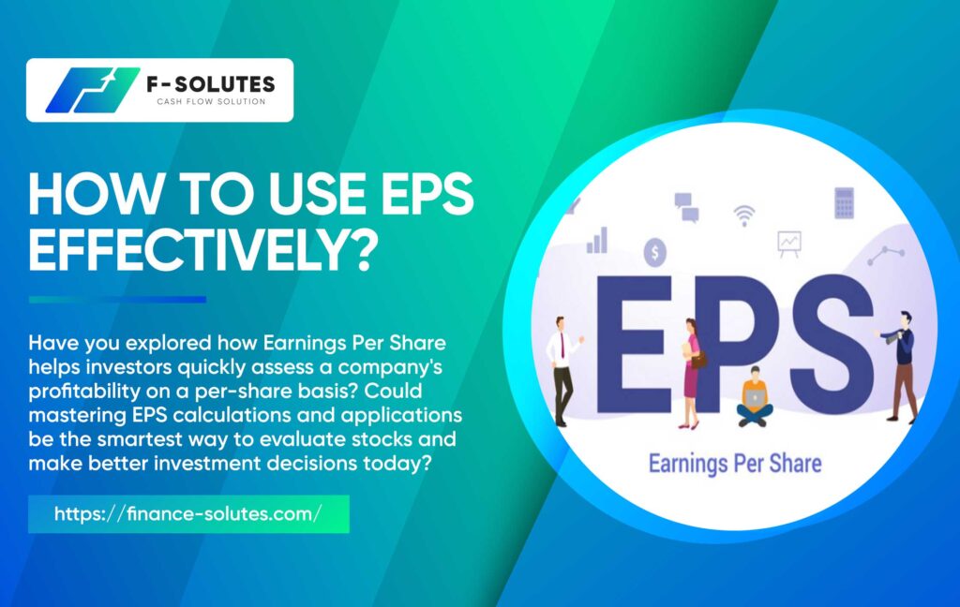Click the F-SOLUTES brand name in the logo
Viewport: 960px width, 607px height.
211,83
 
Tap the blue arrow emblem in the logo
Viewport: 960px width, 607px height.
92,90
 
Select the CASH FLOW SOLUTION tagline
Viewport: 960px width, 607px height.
211,101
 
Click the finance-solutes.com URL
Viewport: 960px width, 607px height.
187,513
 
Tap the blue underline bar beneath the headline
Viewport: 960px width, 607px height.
117,299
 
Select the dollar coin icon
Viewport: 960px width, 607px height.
655,252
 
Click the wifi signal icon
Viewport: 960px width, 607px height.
743,215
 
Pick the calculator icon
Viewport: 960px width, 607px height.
845,203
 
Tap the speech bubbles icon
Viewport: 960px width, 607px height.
686,207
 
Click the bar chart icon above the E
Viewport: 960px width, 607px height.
597,240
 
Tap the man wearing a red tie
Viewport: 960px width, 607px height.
563,371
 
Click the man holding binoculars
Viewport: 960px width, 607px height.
899,366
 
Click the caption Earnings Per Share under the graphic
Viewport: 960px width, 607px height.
735,464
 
